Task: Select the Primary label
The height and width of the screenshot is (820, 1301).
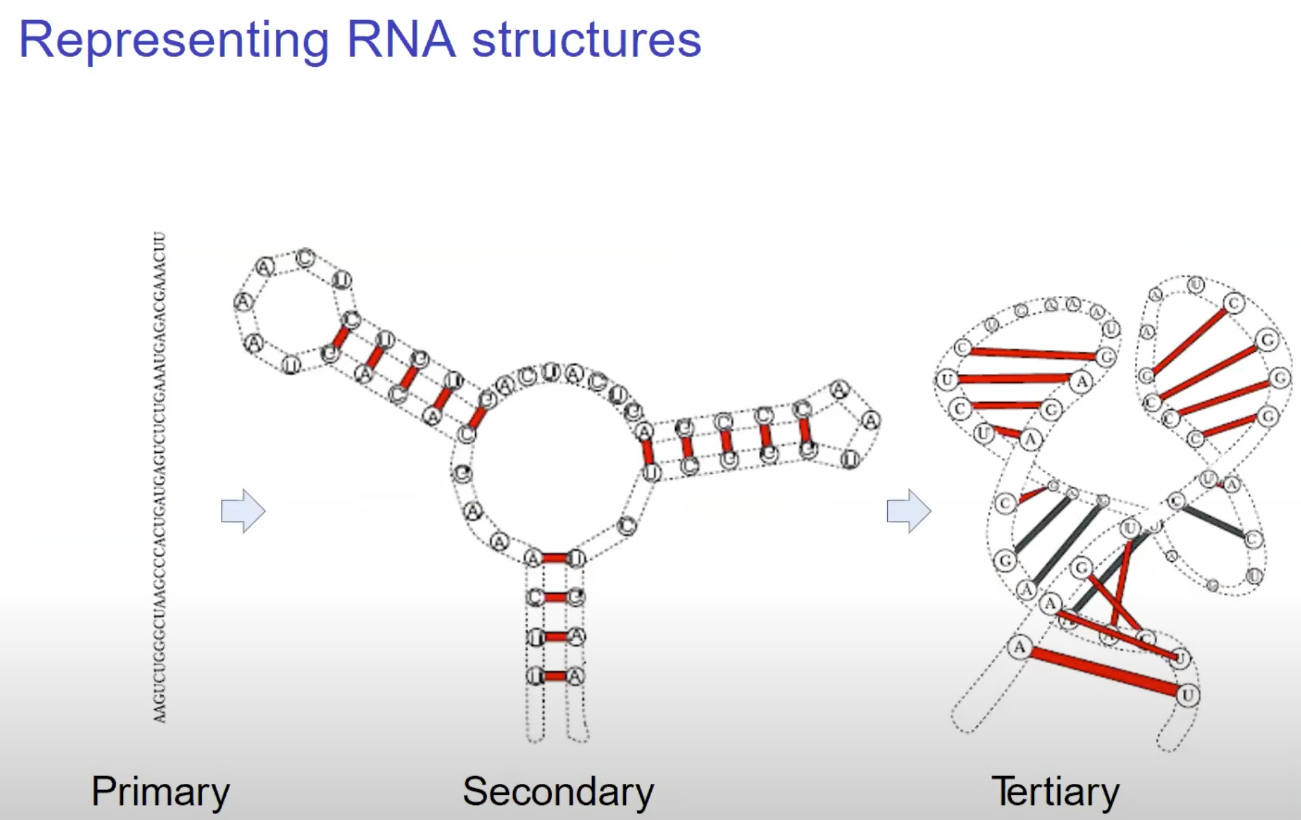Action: (160, 791)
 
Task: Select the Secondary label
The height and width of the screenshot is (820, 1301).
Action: (558, 791)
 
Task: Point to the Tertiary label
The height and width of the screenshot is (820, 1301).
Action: (1055, 791)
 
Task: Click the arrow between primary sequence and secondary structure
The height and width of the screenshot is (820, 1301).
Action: (243, 511)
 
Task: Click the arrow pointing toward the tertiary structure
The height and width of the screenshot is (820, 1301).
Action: (909, 511)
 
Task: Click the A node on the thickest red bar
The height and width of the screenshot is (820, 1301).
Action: (1019, 648)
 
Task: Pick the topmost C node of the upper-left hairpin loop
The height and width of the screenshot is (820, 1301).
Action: (305, 258)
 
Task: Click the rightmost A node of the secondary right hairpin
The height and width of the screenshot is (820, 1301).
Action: (870, 420)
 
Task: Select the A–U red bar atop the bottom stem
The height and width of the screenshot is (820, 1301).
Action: (554, 559)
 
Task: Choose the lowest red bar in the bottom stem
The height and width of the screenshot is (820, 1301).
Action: (555, 676)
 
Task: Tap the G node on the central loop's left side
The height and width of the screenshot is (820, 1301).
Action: (462, 474)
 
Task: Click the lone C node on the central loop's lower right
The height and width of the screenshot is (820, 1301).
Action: (627, 526)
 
